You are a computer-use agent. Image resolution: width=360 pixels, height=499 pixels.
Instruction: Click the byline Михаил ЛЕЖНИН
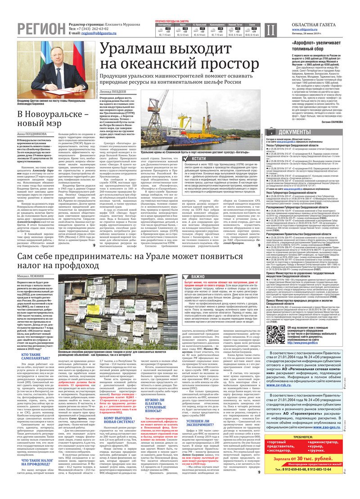[x=31, y=262]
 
